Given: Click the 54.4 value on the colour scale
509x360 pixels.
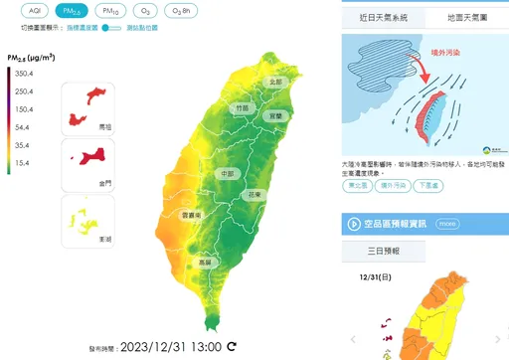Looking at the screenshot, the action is [22, 127].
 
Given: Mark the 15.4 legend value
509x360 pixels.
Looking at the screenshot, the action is [22, 162].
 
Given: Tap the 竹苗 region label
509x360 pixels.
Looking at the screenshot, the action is [242, 106].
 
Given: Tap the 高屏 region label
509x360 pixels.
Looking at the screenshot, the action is [206, 263].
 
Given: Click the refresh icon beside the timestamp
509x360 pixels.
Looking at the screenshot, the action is [232, 347].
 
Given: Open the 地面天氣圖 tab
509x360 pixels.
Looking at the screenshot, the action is [468, 18].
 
